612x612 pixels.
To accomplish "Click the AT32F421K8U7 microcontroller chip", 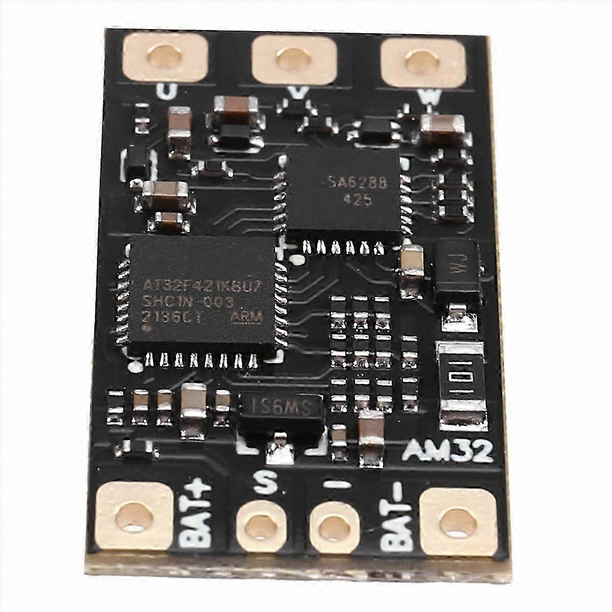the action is (x=203, y=296).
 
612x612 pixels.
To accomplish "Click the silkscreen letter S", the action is (x=262, y=480).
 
